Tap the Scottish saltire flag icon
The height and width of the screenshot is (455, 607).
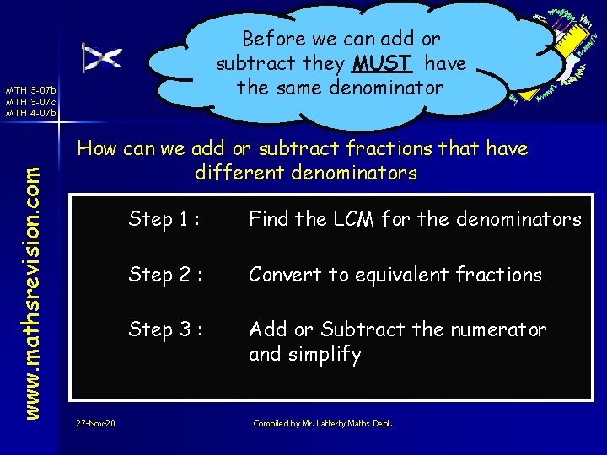click(101, 57)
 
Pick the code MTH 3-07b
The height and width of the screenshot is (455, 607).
click(30, 90)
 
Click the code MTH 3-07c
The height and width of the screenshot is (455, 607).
click(30, 101)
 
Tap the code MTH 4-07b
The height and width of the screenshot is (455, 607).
click(30, 112)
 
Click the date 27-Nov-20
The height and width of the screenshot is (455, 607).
click(94, 423)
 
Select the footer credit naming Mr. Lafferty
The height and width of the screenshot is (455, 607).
click(323, 423)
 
